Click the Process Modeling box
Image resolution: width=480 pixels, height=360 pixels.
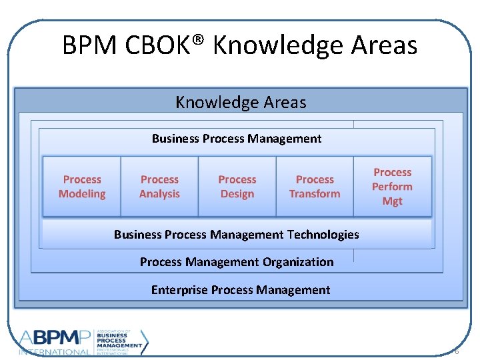click(x=82, y=187)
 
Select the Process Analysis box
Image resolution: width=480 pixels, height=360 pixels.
click(x=159, y=187)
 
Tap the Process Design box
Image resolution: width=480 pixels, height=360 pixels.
click(x=237, y=187)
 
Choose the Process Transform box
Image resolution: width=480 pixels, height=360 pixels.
click(x=315, y=187)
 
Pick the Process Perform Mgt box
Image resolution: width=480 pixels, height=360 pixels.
click(x=392, y=187)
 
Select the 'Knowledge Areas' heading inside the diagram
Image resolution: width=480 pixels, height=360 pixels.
click(x=241, y=102)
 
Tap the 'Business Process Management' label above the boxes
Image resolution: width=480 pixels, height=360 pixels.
click(x=237, y=139)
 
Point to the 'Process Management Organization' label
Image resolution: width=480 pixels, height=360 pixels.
click(x=237, y=262)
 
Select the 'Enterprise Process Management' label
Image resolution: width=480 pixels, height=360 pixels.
click(x=240, y=289)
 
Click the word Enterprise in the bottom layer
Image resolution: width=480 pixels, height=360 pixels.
click(x=179, y=289)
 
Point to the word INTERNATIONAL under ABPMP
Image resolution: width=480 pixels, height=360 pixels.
click(x=55, y=351)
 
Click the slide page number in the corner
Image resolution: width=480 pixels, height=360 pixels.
click(x=457, y=351)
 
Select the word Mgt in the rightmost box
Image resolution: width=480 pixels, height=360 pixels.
click(x=392, y=201)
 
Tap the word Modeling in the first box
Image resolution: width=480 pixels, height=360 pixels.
click(x=82, y=194)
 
